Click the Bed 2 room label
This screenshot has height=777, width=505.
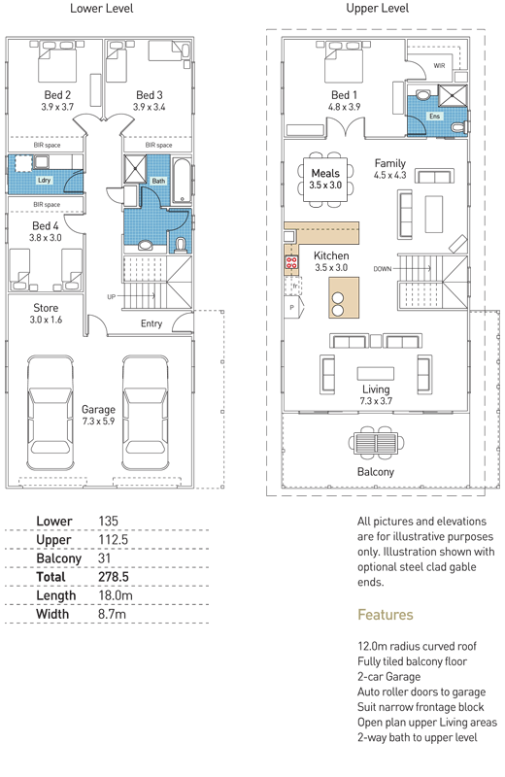pyautogui.click(x=57, y=94)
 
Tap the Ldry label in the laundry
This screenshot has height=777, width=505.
pyautogui.click(x=44, y=181)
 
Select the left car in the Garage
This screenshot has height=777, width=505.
pyautogui.click(x=50, y=413)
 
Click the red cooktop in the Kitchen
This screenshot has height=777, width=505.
pyautogui.click(x=291, y=262)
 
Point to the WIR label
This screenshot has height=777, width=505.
pyautogui.click(x=439, y=65)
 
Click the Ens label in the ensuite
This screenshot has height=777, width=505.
pyautogui.click(x=435, y=117)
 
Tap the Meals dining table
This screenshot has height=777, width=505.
pyautogui.click(x=325, y=179)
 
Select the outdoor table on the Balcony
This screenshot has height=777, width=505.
pyautogui.click(x=376, y=442)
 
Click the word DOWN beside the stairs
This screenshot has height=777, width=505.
pyautogui.click(x=382, y=269)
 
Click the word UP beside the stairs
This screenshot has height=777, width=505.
pyautogui.click(x=111, y=297)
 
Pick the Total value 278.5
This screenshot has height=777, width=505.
pyautogui.click(x=114, y=577)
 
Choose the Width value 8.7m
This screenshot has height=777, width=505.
pyautogui.click(x=112, y=614)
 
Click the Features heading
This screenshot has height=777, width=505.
pyautogui.click(x=386, y=615)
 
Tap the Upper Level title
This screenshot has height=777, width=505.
pyautogui.click(x=378, y=9)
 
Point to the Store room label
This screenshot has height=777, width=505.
pyautogui.click(x=46, y=308)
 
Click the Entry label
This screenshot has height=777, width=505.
pyautogui.click(x=151, y=323)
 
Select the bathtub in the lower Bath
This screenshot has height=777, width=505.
pyautogui.click(x=182, y=181)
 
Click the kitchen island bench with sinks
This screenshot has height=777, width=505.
pyautogui.click(x=344, y=297)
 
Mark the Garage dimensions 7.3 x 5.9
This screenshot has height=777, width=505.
pyautogui.click(x=98, y=422)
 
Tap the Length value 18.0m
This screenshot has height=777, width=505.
pyautogui.click(x=116, y=595)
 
